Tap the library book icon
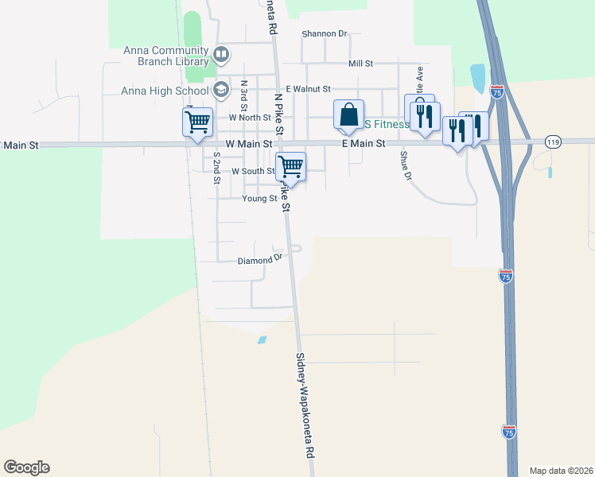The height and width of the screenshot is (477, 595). tap(221, 55)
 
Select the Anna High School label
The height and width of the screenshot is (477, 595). tap(165, 91)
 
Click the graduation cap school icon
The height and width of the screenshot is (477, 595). tap(221, 88)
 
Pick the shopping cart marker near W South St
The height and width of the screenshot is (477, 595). tap(290, 167)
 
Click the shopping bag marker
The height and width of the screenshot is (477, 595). tap(348, 115)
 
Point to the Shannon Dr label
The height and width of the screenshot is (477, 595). tap(325, 34)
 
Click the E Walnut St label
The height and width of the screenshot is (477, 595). tap(308, 89)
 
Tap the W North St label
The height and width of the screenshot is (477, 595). tap(250, 118)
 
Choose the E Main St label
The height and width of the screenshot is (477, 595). tap(364, 144)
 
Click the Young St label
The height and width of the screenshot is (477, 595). tap(259, 199)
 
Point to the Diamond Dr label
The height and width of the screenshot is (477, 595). tap(260, 260)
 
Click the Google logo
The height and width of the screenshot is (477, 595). tap(26, 467)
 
